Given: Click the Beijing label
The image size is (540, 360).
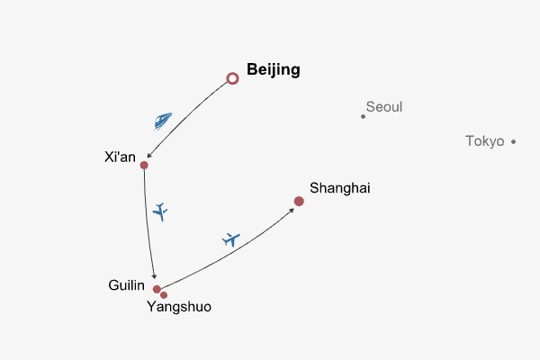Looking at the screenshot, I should click(x=273, y=70).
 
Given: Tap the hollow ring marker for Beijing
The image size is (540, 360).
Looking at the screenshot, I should click(x=232, y=79).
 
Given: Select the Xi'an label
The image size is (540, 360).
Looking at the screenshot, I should click(x=120, y=157).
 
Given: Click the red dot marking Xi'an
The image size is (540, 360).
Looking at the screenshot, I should click(x=144, y=166).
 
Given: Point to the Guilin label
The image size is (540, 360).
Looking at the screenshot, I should click(x=127, y=285).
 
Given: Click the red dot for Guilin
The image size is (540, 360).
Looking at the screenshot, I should click(x=157, y=289).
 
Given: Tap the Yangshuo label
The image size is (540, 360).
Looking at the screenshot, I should click(x=179, y=307).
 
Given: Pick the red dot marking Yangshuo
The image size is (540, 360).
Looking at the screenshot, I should click(x=164, y=294).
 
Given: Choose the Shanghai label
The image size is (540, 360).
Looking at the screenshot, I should click(x=339, y=188).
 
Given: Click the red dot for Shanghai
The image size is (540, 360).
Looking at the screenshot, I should click(x=299, y=202).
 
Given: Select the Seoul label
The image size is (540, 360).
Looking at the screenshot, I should click(x=384, y=107).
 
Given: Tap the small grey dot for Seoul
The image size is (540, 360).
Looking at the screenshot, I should click(x=364, y=116).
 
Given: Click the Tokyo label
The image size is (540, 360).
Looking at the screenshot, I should click(x=484, y=141).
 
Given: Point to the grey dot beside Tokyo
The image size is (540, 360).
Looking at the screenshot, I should click(x=513, y=141).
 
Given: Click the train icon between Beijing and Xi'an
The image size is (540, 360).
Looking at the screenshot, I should click(x=162, y=120).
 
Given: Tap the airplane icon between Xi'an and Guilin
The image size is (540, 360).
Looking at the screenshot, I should click(x=160, y=211).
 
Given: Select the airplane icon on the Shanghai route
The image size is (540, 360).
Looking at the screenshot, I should click(x=231, y=239).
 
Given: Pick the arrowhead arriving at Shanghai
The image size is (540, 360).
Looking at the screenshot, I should click(x=291, y=208).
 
